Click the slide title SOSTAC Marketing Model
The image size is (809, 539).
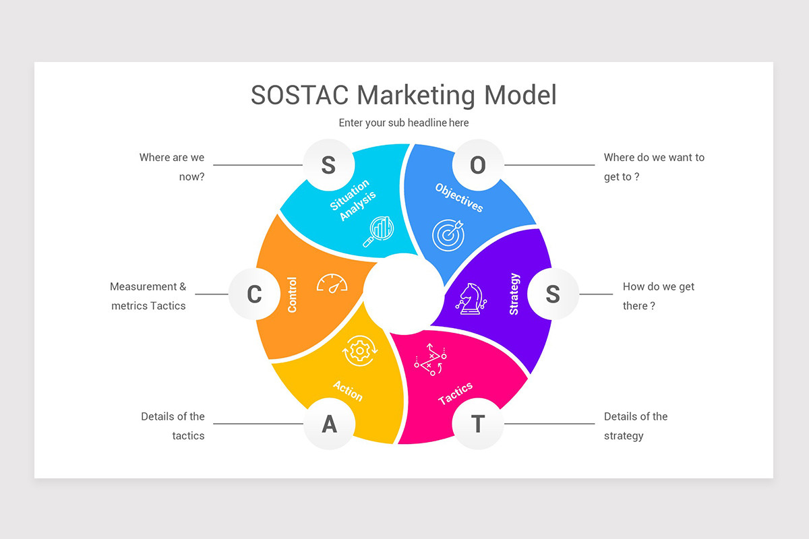point(404,95)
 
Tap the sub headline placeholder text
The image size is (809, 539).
point(404,123)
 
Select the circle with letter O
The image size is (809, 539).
point(477,165)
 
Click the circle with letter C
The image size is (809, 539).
point(254,294)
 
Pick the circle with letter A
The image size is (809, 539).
point(329,424)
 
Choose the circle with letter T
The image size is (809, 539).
point(477,424)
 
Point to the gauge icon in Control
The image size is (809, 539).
point(332,284)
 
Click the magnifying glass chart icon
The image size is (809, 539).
point(378,231)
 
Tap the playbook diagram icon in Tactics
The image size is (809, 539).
point(429,359)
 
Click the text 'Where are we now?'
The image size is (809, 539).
point(172,167)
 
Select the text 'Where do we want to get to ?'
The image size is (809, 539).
point(654,167)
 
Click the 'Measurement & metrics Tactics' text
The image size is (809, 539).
point(148,296)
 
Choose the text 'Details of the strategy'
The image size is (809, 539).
point(636,426)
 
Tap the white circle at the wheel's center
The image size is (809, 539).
point(402,292)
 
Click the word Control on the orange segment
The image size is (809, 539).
point(293,294)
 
